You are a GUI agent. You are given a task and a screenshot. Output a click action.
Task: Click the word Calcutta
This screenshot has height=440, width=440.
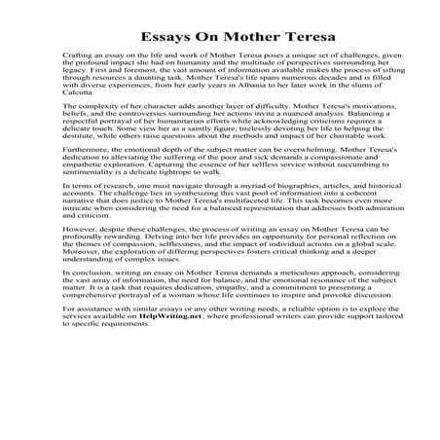[x=101, y=118]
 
